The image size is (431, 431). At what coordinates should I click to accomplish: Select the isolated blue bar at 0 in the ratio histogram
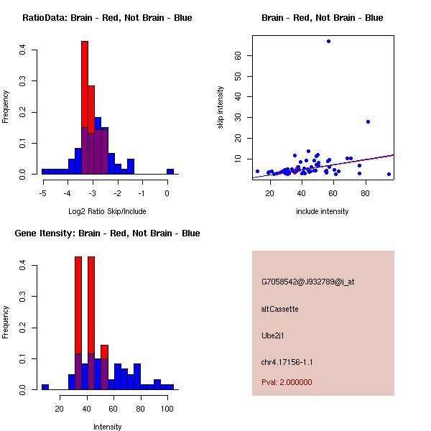coord(170,172)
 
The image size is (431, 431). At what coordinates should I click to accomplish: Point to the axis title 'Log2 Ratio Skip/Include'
coord(107,211)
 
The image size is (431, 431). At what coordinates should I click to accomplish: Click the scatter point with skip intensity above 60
coord(328,41)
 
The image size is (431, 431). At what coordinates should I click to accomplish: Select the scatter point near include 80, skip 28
coord(368,121)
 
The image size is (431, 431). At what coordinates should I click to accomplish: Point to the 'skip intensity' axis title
coord(221,108)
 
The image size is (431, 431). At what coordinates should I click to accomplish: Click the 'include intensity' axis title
coord(323,211)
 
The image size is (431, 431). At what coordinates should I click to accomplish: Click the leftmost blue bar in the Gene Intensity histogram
coord(45,386)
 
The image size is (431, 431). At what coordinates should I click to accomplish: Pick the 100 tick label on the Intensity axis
coord(167,408)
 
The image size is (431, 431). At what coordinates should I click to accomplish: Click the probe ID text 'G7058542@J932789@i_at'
coord(307,282)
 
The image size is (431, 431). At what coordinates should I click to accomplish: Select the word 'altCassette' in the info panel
coord(279,309)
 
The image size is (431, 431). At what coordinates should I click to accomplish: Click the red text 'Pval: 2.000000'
coord(287,382)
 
